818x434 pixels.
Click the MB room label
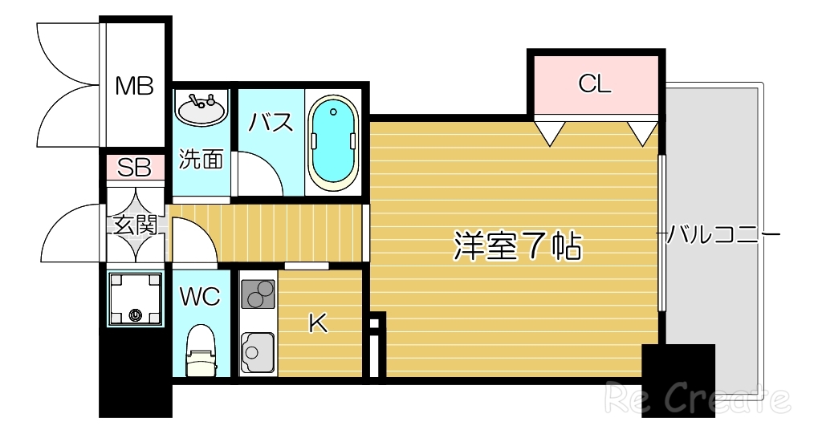click(x=133, y=85)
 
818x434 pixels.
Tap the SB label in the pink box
click(x=134, y=168)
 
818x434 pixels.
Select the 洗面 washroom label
click(x=200, y=159)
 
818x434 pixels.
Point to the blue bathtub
click(x=332, y=142)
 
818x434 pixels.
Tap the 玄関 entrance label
click(x=134, y=225)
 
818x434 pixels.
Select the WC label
click(x=199, y=297)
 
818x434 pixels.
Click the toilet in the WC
click(x=201, y=349)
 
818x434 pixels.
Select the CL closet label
click(x=595, y=83)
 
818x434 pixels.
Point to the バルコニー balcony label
click(x=723, y=235)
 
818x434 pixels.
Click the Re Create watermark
click(x=697, y=398)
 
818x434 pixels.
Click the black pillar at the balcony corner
click(x=678, y=380)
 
